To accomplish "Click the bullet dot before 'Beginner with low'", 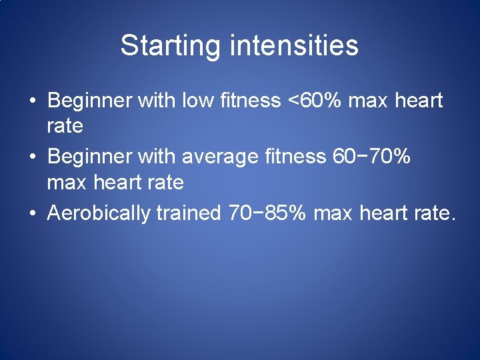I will click(x=32, y=101).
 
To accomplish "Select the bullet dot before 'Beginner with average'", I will click(x=32, y=157).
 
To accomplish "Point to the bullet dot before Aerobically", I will click(x=32, y=213).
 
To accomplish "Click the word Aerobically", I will click(x=101, y=213).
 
